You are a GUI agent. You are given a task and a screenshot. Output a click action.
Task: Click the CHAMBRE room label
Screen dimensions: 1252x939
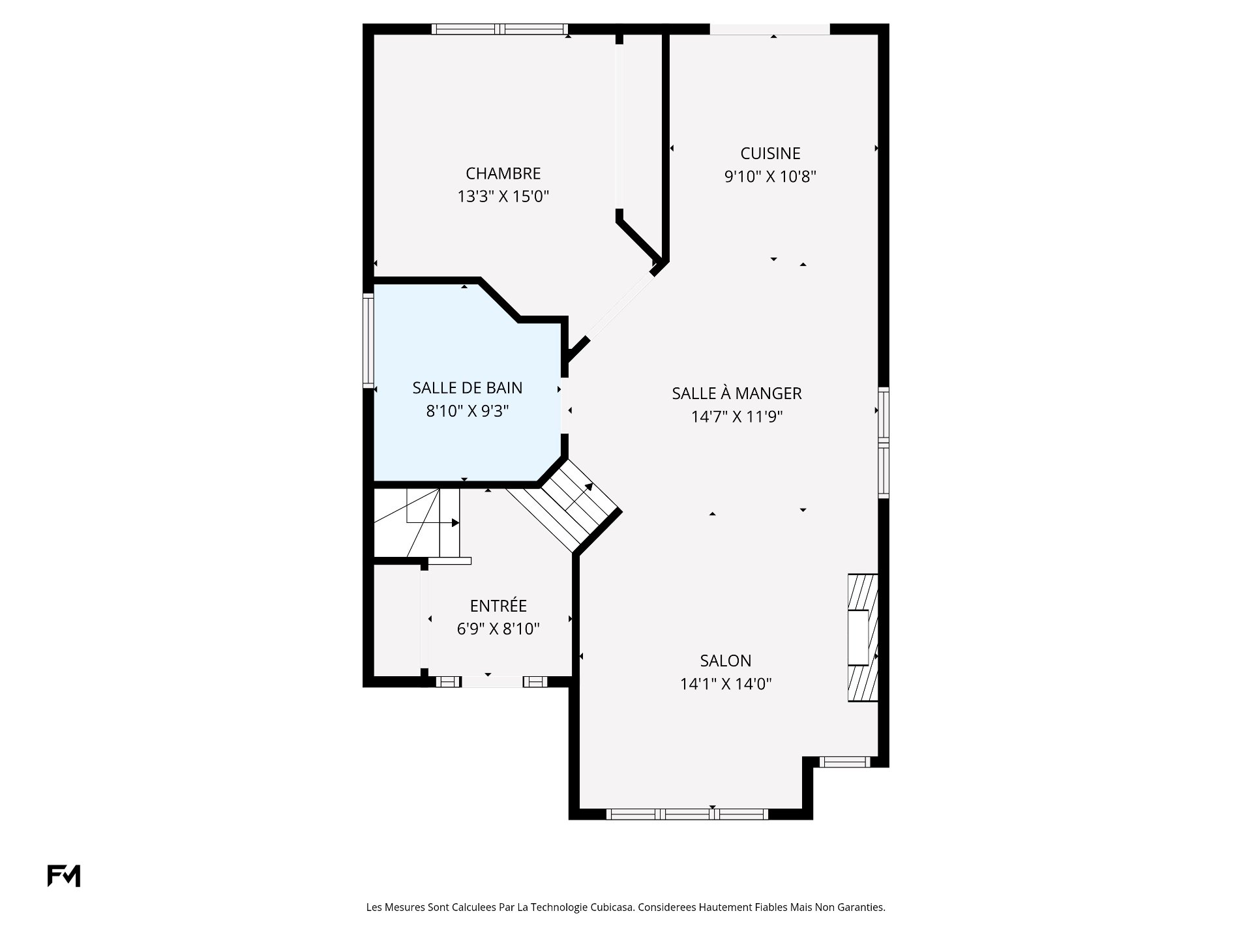click(x=503, y=173)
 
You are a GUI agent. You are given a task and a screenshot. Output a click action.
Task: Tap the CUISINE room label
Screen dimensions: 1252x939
click(x=770, y=153)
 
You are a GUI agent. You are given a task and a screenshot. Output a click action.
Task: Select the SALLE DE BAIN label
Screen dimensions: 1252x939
click(x=467, y=388)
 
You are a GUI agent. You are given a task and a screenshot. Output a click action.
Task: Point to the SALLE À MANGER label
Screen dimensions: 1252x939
click(x=737, y=393)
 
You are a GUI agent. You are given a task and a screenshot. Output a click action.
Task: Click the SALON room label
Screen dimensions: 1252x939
click(x=725, y=661)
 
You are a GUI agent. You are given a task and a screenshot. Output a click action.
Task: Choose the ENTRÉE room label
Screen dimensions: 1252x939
click(x=498, y=606)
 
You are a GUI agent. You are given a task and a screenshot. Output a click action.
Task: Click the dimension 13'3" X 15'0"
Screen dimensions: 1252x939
click(x=503, y=196)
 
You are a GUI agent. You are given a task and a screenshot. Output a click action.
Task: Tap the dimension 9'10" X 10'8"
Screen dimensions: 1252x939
click(x=770, y=176)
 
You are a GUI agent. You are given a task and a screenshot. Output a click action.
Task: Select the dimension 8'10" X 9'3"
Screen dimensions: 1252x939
click(x=467, y=411)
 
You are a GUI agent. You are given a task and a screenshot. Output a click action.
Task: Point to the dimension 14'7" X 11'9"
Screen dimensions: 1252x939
click(x=737, y=416)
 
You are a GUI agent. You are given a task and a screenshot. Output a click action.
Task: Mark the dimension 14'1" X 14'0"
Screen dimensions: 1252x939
click(x=725, y=684)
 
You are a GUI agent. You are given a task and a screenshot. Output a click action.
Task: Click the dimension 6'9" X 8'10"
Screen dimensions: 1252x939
click(x=498, y=629)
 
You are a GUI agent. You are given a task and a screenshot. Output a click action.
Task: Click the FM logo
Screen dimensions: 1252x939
click(x=64, y=876)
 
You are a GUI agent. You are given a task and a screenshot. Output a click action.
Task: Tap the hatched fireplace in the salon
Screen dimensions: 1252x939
click(x=862, y=638)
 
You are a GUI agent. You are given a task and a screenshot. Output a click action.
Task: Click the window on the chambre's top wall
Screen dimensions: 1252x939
click(x=499, y=29)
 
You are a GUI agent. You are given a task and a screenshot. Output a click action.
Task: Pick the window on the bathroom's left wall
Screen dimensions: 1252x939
click(x=368, y=341)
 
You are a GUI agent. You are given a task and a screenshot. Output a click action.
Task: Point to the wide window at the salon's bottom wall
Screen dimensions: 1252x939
click(x=687, y=814)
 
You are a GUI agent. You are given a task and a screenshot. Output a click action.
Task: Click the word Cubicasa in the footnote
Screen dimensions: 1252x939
click(x=612, y=907)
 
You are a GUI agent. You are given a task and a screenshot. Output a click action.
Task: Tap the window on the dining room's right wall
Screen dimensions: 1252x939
click(x=884, y=442)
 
